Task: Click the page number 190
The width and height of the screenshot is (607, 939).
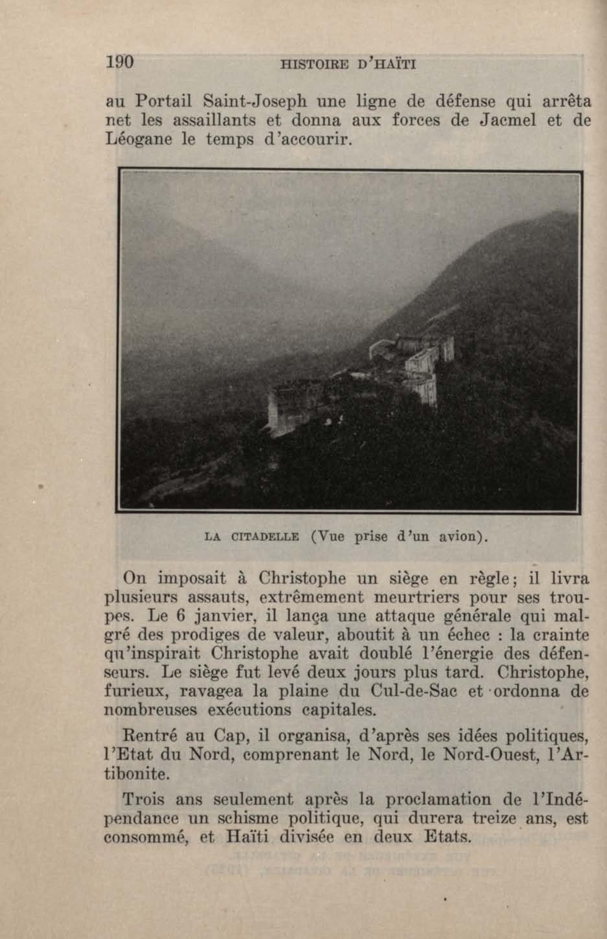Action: point(120,63)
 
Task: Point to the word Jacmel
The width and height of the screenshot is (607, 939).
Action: point(508,121)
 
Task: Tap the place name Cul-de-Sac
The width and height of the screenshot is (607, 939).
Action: point(414,692)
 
